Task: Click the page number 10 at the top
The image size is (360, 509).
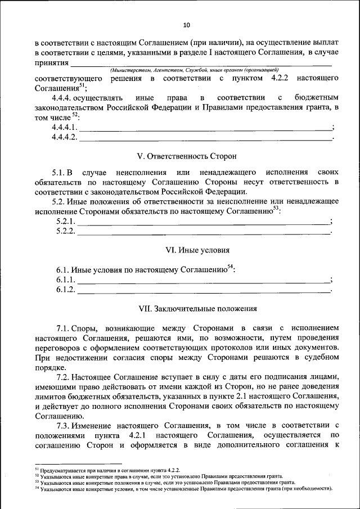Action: [186, 25]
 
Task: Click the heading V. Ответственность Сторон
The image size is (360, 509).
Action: [186, 155]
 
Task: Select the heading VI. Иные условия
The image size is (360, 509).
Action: [186, 249]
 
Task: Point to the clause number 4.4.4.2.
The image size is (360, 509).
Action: [64, 137]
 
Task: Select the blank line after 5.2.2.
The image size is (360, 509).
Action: [202, 232]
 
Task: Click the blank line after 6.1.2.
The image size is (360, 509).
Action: [202, 290]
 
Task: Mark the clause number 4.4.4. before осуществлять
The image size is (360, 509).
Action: [64, 97]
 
